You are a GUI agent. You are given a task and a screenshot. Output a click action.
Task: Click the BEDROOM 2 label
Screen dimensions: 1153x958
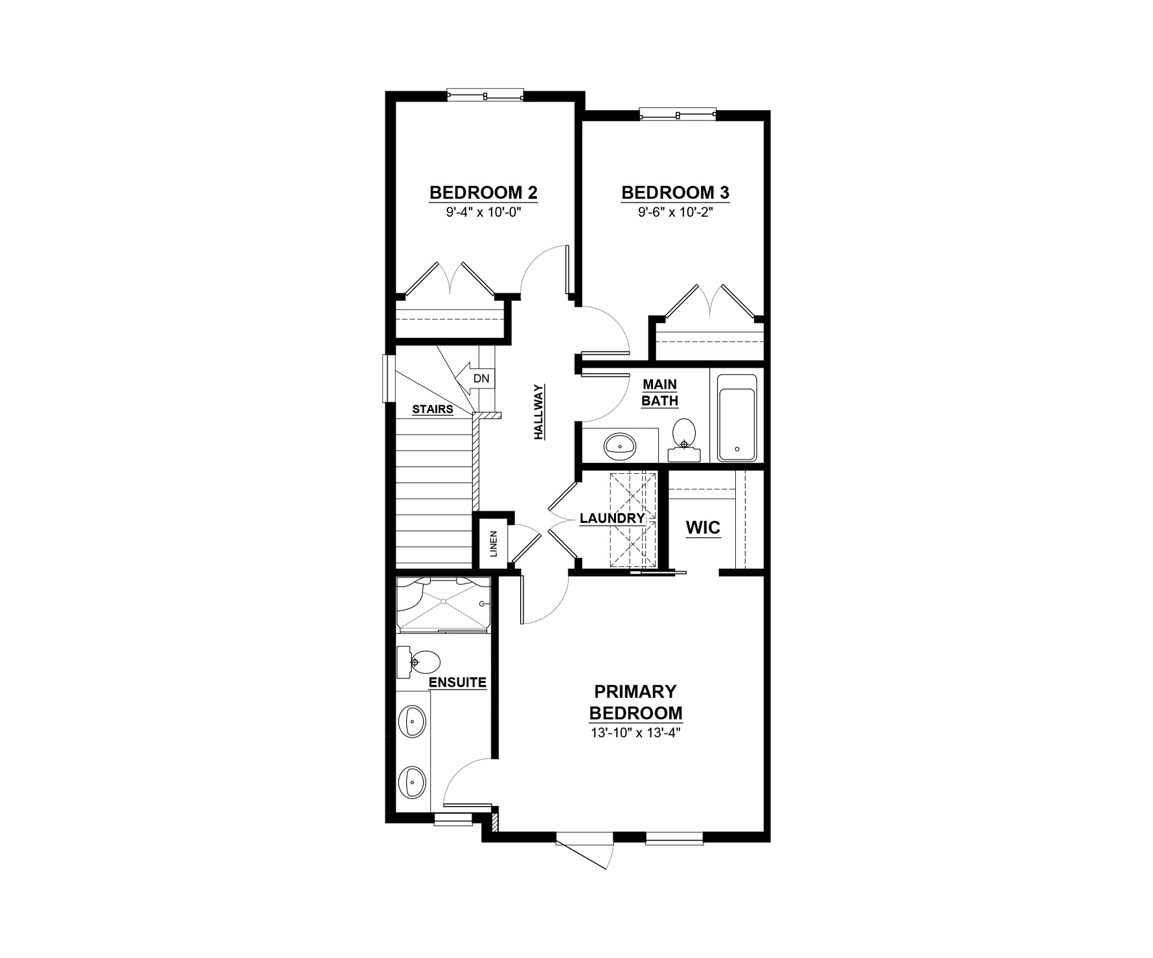pyautogui.click(x=483, y=193)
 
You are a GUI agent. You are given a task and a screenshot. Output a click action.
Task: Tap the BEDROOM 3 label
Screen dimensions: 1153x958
pyautogui.click(x=675, y=193)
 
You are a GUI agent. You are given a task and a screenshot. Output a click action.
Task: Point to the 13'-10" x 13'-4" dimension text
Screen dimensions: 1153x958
pyautogui.click(x=635, y=733)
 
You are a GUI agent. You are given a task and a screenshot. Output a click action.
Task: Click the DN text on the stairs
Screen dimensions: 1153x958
pyautogui.click(x=481, y=379)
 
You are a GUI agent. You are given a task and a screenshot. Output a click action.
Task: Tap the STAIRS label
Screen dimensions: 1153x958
pyautogui.click(x=433, y=410)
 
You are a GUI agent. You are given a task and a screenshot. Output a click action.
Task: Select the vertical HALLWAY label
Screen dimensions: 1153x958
pyautogui.click(x=539, y=412)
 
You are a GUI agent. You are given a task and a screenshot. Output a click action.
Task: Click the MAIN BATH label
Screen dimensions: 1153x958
pyautogui.click(x=659, y=393)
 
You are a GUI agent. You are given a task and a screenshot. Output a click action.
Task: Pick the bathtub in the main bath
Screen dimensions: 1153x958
pyautogui.click(x=737, y=418)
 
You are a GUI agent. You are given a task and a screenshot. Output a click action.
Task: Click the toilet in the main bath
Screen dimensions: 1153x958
pyautogui.click(x=683, y=440)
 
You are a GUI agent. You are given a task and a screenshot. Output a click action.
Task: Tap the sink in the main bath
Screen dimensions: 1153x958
pyautogui.click(x=621, y=445)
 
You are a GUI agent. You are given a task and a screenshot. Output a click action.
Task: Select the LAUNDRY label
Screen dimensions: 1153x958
pyautogui.click(x=612, y=518)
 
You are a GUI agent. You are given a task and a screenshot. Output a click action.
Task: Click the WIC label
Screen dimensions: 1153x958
pyautogui.click(x=703, y=528)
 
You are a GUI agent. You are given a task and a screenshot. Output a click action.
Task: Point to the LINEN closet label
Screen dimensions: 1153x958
pyautogui.click(x=494, y=544)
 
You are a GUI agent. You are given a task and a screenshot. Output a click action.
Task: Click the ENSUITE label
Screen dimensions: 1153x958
pyautogui.click(x=457, y=683)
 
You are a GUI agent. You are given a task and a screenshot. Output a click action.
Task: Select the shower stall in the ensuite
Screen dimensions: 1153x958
pyautogui.click(x=444, y=604)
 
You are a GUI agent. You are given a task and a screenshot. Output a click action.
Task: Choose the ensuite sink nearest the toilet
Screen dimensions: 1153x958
pyautogui.click(x=413, y=721)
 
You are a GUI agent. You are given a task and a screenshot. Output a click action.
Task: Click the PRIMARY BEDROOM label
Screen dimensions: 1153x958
pyautogui.click(x=635, y=703)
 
